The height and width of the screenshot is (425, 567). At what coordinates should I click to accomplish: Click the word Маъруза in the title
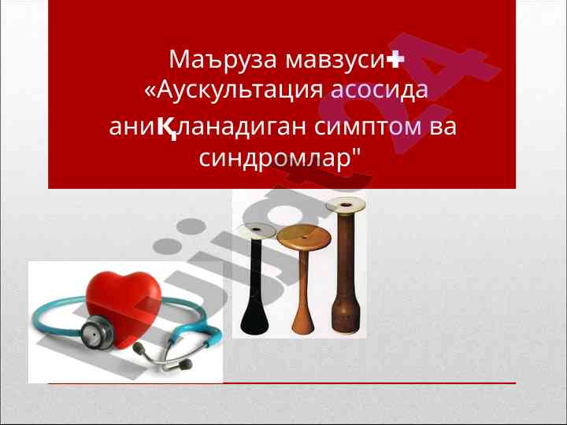(x=223, y=60)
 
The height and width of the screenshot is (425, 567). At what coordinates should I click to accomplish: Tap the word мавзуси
(x=335, y=60)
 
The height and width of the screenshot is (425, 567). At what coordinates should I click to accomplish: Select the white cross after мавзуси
(x=395, y=59)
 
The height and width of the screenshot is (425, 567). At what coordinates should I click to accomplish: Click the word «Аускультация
(x=234, y=90)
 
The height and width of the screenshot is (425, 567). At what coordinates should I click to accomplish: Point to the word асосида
(x=380, y=90)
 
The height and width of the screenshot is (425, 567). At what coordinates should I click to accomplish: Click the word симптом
(x=368, y=128)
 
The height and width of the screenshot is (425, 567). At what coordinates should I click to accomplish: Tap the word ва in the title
(x=443, y=127)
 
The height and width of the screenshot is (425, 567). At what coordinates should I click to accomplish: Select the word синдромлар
(x=280, y=158)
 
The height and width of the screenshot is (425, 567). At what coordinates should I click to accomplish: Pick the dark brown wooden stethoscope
(x=346, y=266)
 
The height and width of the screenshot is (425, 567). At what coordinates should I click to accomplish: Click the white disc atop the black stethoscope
(x=257, y=231)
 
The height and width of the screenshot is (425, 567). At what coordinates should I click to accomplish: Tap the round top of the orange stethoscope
(x=304, y=238)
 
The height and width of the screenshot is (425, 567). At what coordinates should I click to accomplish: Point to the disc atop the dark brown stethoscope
(x=346, y=205)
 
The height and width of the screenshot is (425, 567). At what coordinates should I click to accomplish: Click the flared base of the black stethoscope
(x=254, y=322)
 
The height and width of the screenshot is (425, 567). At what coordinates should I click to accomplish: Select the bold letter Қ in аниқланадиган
(x=167, y=128)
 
